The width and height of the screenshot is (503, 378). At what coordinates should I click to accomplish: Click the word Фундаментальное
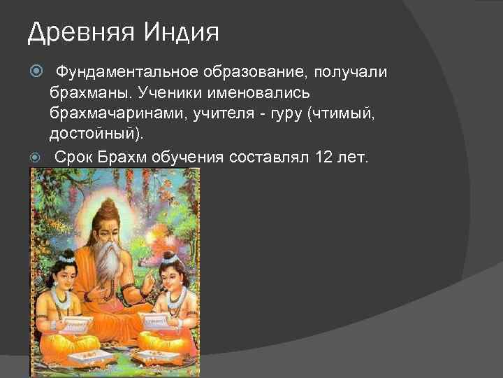127,72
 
